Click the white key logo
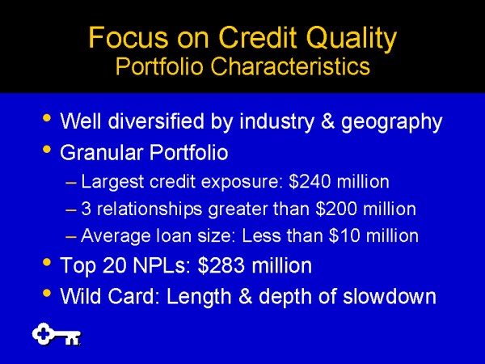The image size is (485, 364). pos(57,334)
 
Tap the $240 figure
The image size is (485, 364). pos(310,182)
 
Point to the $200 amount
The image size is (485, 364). pos(336,209)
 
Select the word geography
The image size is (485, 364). pos(391,122)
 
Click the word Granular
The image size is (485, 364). pos(102,152)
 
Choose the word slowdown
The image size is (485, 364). pos(390,296)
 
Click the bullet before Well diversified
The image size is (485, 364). pos(47,118)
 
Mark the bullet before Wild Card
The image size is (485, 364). pos(47,293)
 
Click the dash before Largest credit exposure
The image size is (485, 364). pos(71,183)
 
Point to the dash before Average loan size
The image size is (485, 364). pos(71,237)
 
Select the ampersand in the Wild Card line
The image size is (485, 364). pos(246,296)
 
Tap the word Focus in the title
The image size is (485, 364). pos(129,38)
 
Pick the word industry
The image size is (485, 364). pos(276,122)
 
